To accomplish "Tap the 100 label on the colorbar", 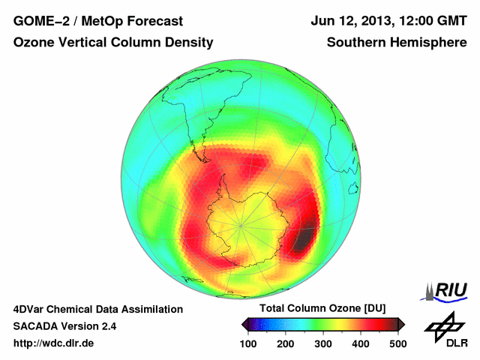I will (249, 343).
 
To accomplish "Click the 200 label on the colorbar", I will (286, 343).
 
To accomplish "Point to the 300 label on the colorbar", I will (323, 343).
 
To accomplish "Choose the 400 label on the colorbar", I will (361, 343).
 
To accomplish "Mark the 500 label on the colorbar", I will (397, 343).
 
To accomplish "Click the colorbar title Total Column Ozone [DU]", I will (322, 308).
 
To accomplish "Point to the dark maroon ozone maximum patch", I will (303, 241).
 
